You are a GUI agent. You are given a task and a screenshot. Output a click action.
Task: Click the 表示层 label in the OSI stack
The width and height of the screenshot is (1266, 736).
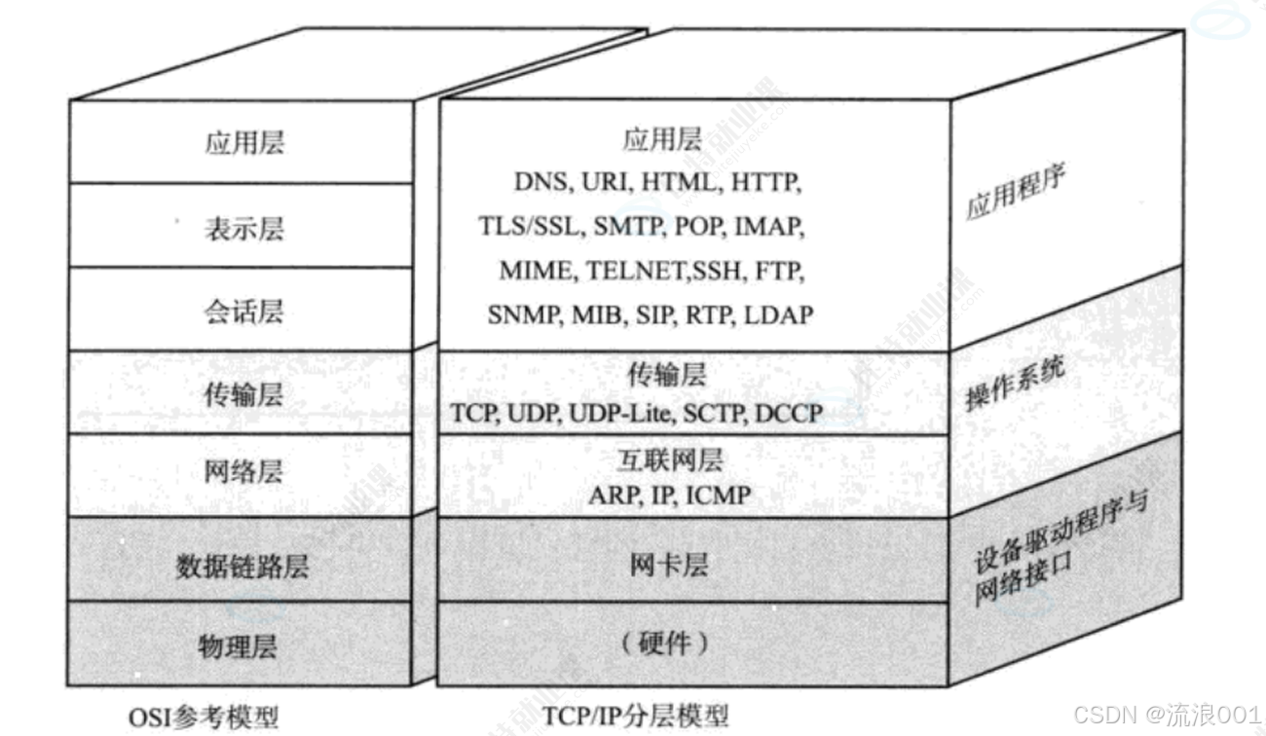(244, 229)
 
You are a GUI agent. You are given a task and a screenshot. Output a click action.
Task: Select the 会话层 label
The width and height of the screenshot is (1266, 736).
(243, 312)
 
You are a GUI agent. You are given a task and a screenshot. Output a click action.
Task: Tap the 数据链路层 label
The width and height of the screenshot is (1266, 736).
(242, 566)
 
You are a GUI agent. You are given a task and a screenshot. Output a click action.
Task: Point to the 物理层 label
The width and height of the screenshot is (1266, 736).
(238, 646)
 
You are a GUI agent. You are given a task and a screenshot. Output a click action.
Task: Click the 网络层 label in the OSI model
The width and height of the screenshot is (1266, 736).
(243, 471)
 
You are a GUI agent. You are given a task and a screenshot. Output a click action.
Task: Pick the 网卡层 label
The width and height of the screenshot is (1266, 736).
(669, 565)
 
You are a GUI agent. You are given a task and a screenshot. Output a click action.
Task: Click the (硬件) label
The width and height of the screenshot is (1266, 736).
(664, 644)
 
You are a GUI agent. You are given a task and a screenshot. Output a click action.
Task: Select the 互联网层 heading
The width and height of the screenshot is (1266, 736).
(670, 460)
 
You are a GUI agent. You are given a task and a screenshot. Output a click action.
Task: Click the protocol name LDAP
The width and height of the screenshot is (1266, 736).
(779, 314)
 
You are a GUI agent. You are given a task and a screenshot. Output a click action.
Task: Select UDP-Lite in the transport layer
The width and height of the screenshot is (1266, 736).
(621, 414)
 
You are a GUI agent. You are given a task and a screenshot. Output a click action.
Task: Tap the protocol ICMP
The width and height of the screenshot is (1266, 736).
(719, 496)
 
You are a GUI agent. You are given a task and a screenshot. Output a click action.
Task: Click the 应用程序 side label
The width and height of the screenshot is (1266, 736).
(1015, 191)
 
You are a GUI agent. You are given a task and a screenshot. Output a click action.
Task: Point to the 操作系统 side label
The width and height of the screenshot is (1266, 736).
(1015, 383)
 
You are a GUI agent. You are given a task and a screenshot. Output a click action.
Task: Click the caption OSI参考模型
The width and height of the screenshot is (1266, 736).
(204, 718)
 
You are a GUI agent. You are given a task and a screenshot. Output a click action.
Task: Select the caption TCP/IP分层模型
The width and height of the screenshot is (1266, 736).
(635, 717)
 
